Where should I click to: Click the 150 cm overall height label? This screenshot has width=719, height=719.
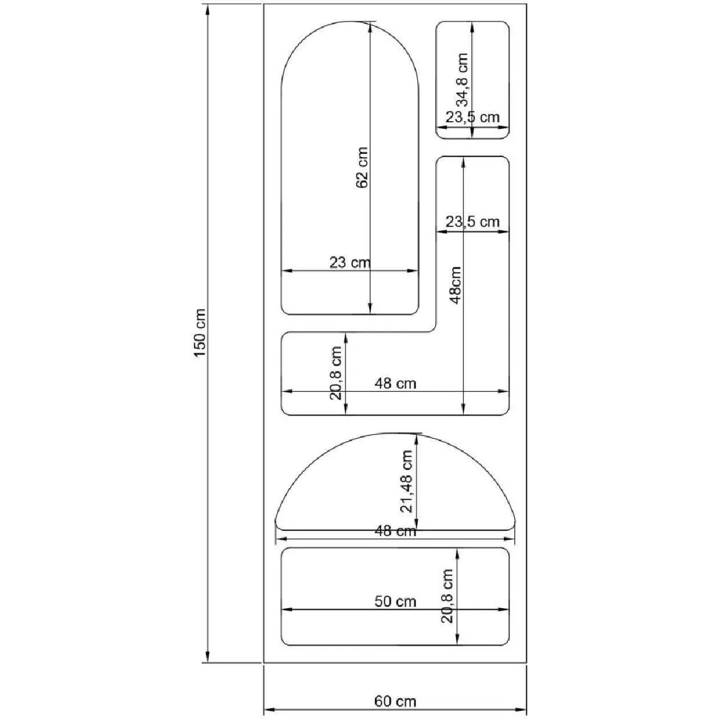tap(200, 333)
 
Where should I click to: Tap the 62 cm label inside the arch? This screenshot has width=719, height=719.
tap(361, 168)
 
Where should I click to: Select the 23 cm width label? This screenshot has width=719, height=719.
tap(350, 262)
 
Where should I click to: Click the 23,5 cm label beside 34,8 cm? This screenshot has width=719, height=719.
tap(473, 117)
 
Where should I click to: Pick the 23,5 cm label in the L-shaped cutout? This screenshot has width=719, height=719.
tap(473, 222)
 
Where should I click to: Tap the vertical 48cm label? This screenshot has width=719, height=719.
tap(455, 285)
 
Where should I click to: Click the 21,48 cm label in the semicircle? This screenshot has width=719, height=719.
tap(406, 481)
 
